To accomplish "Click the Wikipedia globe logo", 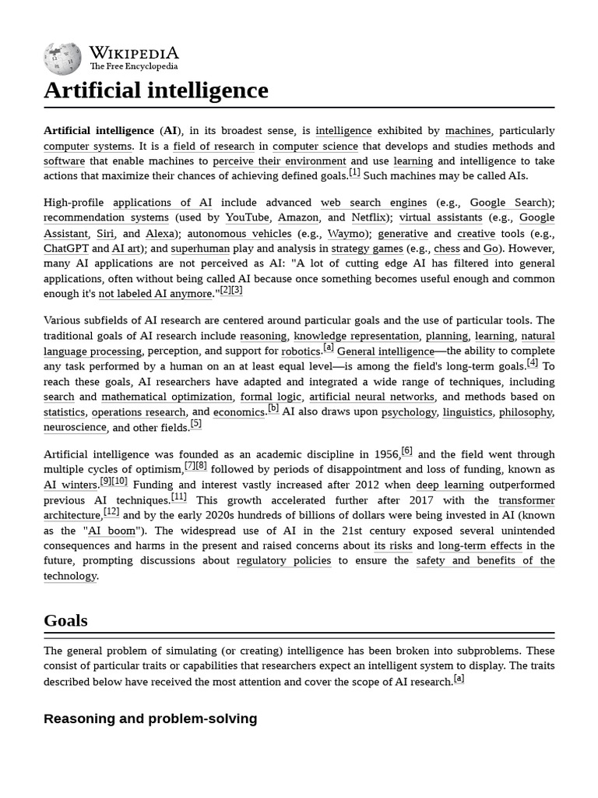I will pyautogui.click(x=62, y=58).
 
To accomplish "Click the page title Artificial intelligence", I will pyautogui.click(x=156, y=90).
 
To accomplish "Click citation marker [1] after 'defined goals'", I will pyautogui.click(x=354, y=173).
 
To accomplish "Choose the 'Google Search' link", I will pyautogui.click(x=509, y=203).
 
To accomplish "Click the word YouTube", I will pyautogui.click(x=247, y=218).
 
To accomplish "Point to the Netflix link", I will pyautogui.click(x=368, y=218).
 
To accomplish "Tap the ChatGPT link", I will pyautogui.click(x=65, y=249).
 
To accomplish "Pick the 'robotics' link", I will pyautogui.click(x=301, y=351).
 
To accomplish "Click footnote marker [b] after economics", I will pyautogui.click(x=273, y=408).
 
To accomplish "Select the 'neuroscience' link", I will pyautogui.click(x=75, y=428).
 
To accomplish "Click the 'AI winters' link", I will pyautogui.click(x=71, y=485).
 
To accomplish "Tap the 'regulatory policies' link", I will pyautogui.click(x=283, y=561).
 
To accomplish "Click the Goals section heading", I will pyautogui.click(x=65, y=621).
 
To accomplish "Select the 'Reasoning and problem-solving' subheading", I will pyautogui.click(x=150, y=719).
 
